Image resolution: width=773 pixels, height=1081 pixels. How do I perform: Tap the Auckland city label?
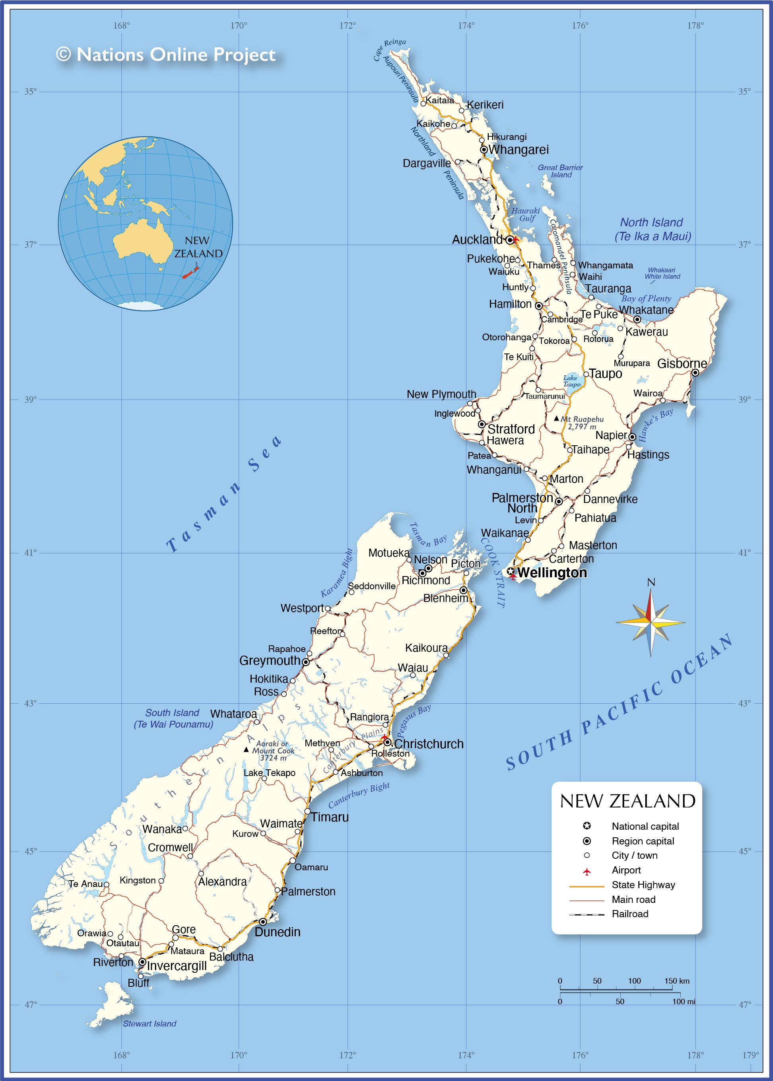click(x=477, y=240)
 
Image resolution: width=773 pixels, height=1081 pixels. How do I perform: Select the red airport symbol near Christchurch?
click(x=384, y=738)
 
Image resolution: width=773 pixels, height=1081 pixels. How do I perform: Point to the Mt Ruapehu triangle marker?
click(x=556, y=418)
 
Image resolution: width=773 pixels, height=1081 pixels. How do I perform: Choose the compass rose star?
click(x=650, y=622)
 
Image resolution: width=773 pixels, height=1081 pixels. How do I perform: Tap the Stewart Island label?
click(x=150, y=1023)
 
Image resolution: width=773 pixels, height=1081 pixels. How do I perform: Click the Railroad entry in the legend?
click(x=630, y=914)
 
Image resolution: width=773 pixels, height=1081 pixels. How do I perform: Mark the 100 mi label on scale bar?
click(x=684, y=1001)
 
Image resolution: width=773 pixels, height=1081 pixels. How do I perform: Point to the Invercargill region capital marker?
click(x=142, y=962)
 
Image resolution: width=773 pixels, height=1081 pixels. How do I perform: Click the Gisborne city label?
click(x=682, y=363)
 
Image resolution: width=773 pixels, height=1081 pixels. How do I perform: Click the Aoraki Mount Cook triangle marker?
click(x=246, y=749)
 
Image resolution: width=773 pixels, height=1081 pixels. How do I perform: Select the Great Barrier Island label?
click(x=560, y=171)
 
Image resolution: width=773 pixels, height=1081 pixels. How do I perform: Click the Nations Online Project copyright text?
click(x=166, y=55)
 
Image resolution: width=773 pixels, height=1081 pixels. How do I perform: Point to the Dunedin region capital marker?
click(x=262, y=922)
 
